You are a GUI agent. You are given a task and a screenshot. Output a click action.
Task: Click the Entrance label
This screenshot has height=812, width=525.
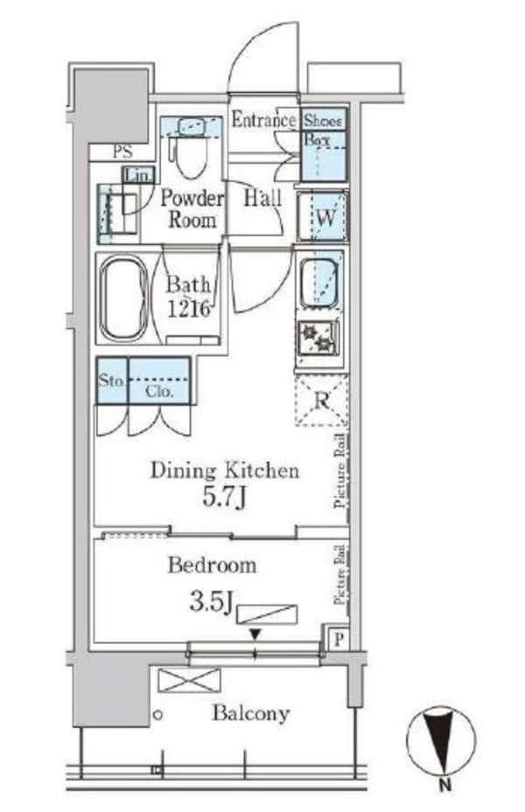(x=263, y=120)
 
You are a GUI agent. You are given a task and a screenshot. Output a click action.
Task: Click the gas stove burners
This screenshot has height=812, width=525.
(x=318, y=338)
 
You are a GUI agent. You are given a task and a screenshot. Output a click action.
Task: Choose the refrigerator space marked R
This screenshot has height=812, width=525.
(x=321, y=401)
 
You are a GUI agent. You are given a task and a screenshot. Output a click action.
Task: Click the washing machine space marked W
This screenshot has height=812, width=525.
(x=323, y=216)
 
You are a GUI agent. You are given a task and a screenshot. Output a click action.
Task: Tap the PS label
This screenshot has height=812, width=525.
(x=122, y=151)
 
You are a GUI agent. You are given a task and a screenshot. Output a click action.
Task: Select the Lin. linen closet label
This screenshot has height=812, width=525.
(x=138, y=174)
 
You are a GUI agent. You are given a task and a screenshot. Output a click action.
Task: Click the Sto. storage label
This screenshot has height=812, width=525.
(x=112, y=381)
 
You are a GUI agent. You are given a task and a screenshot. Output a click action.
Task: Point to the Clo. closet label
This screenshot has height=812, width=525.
(x=158, y=391)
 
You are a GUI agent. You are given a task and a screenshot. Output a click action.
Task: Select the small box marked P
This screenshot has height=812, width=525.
(x=338, y=639)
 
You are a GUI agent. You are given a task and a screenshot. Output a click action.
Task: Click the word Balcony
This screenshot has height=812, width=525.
(x=250, y=714)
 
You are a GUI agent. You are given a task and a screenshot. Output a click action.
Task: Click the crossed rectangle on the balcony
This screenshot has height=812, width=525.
(x=189, y=680)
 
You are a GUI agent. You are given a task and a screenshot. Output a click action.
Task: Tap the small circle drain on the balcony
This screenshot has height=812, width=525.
(x=158, y=715)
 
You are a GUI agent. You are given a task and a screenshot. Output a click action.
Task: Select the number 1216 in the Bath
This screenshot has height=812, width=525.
(x=189, y=309)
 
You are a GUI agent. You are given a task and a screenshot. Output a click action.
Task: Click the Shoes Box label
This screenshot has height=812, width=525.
(x=322, y=129)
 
